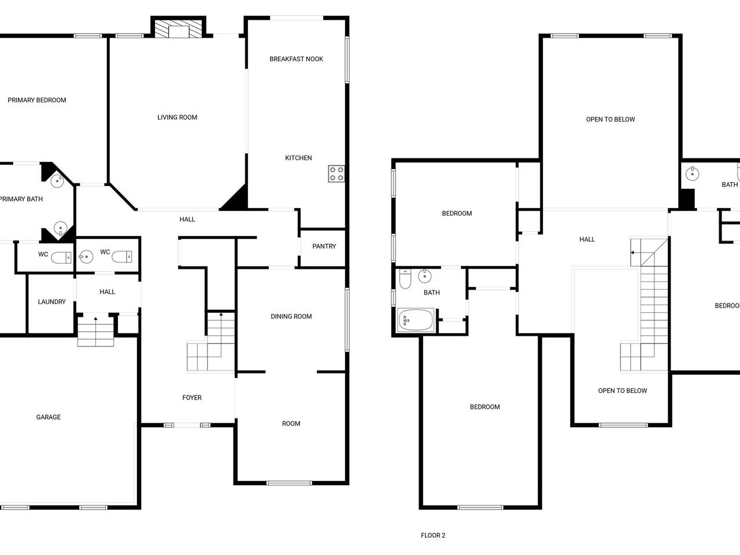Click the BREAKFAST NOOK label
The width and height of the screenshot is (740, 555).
[x=296, y=59]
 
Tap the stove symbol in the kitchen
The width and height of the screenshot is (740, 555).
[x=336, y=173]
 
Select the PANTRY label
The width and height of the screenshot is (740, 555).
[x=324, y=246]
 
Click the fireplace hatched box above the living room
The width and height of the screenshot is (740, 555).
[x=178, y=29]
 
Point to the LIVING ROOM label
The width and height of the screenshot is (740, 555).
[x=177, y=117]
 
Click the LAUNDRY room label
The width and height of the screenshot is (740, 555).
[x=51, y=302]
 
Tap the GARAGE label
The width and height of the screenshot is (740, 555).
[x=48, y=417]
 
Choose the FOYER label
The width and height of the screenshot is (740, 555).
[x=192, y=398]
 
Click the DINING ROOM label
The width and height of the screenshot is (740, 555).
[x=291, y=316]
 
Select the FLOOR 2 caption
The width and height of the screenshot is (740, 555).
[x=433, y=535]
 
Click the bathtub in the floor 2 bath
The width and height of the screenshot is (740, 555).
[x=416, y=320]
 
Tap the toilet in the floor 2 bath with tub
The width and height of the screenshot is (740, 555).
[x=405, y=279]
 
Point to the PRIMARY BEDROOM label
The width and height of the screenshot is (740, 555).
[x=37, y=100]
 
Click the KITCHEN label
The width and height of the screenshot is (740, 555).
[x=298, y=158]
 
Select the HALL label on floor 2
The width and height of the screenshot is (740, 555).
[x=587, y=239]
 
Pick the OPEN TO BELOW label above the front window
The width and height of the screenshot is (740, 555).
[x=622, y=391]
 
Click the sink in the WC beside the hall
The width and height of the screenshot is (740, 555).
[x=86, y=257]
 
